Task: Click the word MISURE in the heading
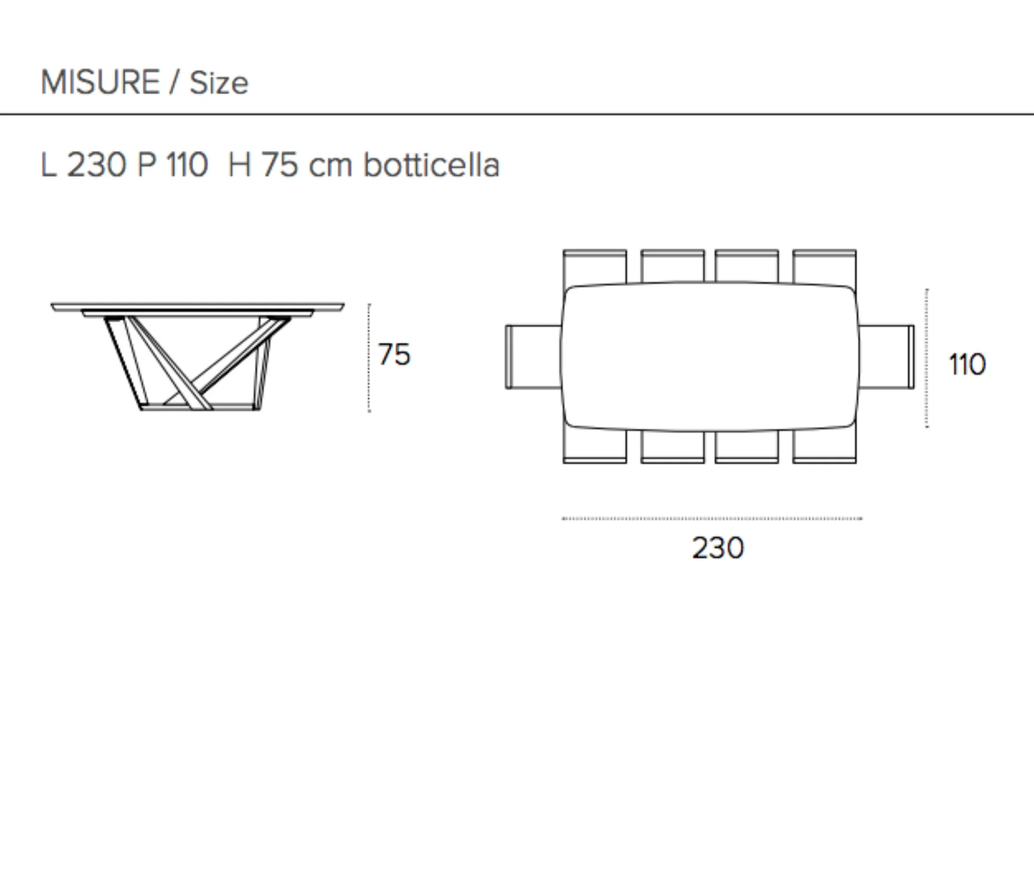[x=100, y=82]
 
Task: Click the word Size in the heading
[x=219, y=84]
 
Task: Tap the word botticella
[x=431, y=164]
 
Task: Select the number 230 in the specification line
[x=96, y=165]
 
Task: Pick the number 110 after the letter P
[x=187, y=165]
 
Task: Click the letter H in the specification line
[x=239, y=165]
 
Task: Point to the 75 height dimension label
[x=394, y=355]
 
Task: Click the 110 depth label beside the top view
[x=967, y=364]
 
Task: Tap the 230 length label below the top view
[x=718, y=548]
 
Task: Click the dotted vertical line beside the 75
[x=369, y=358]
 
